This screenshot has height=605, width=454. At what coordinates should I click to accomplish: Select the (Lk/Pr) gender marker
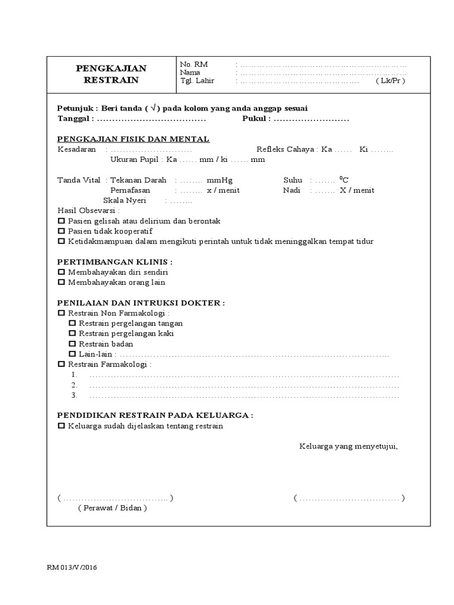[x=390, y=82]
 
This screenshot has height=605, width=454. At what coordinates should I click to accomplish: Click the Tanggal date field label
[x=74, y=119]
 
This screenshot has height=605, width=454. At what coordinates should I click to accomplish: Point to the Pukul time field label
[x=256, y=119]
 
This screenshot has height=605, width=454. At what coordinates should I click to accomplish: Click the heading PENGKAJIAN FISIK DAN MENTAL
[x=133, y=139]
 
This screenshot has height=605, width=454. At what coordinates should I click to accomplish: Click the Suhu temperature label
[x=293, y=180]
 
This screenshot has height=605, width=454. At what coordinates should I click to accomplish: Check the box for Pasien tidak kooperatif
[x=61, y=231]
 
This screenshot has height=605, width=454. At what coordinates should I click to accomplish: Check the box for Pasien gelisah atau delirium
[x=61, y=221]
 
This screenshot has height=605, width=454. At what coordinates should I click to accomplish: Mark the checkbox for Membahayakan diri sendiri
[x=61, y=272]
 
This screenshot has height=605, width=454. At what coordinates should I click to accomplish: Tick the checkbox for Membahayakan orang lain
[x=61, y=282]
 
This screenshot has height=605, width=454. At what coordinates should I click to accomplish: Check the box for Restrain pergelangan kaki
[x=72, y=334]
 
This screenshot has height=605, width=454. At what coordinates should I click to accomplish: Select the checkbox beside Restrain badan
[x=72, y=344]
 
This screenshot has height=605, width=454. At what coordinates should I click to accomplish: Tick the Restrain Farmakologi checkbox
[x=61, y=365]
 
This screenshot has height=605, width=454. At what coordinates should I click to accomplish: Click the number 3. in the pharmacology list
[x=74, y=395]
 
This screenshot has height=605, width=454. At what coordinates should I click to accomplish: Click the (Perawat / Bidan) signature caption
[x=112, y=508]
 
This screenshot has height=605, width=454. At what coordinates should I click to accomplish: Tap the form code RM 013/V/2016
[x=72, y=568]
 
